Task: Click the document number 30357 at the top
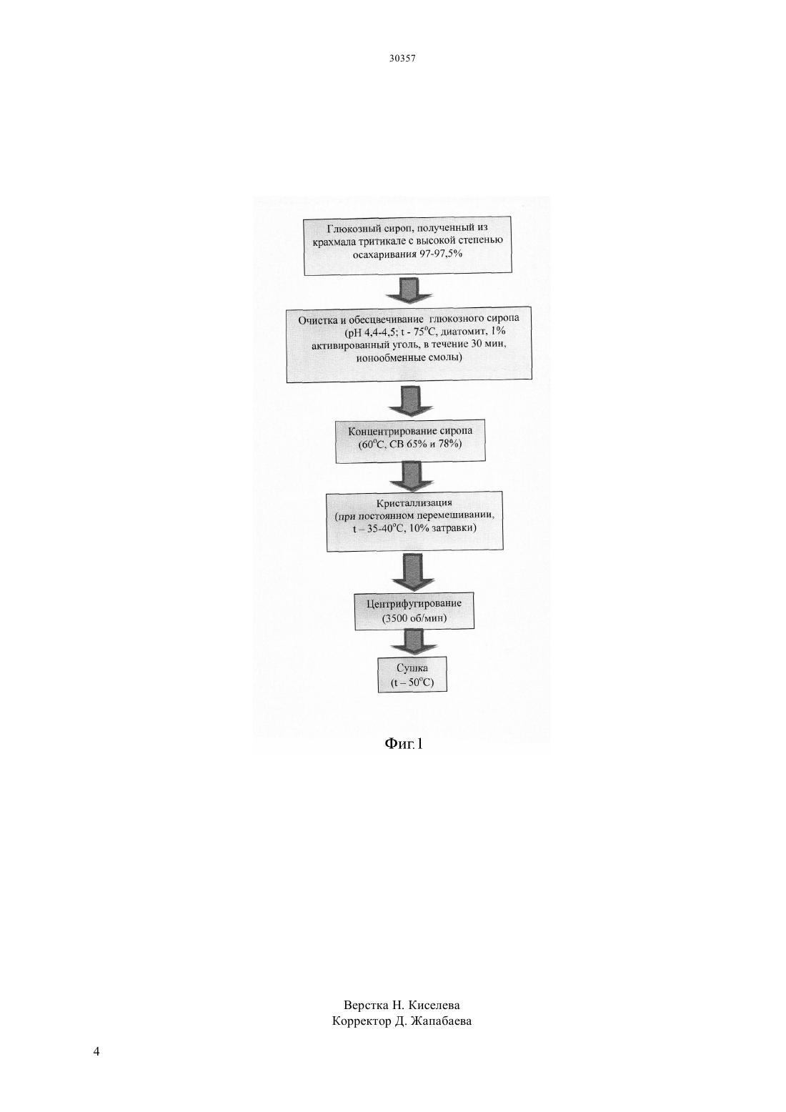[x=402, y=59]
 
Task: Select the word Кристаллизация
[x=414, y=503]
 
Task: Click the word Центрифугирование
[x=414, y=604]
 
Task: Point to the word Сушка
[x=412, y=667]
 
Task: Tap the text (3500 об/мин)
[x=414, y=618]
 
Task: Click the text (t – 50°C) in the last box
[x=412, y=682]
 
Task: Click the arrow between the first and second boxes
[x=409, y=290]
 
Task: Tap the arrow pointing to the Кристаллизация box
[x=412, y=477]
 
